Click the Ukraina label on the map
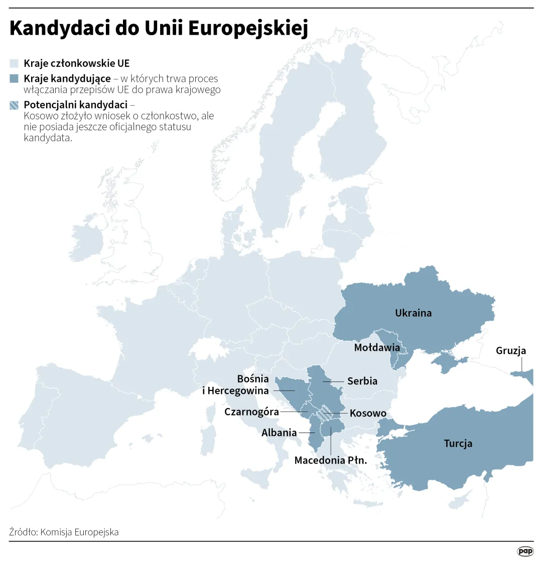(x=413, y=313)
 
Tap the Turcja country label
(x=458, y=444)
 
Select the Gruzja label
(x=511, y=351)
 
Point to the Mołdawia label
(x=377, y=347)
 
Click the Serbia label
(x=362, y=381)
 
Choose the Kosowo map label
(x=368, y=413)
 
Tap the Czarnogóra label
(x=251, y=412)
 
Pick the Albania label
(x=279, y=433)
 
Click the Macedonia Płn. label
(x=331, y=460)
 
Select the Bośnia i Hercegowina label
(x=236, y=385)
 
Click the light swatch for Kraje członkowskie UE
(x=14, y=64)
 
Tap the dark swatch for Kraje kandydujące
(x=14, y=79)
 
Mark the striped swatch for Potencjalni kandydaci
(x=14, y=105)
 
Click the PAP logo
(x=525, y=551)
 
